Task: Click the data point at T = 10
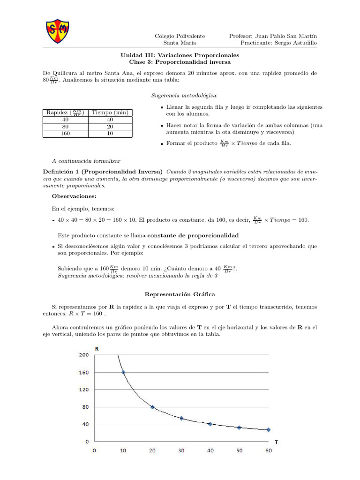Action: point(123,372)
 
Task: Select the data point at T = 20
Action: point(152,407)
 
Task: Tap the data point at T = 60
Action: point(268,429)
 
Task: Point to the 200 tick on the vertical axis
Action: point(83,355)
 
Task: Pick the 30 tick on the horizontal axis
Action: point(181,450)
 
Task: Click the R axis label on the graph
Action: point(97,349)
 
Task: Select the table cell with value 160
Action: point(65,134)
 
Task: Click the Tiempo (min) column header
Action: point(110,112)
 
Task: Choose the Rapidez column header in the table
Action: point(65,112)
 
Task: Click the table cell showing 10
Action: point(110,134)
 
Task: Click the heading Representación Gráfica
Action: point(180,294)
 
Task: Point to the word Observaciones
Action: point(75,196)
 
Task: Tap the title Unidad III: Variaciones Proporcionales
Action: point(180,55)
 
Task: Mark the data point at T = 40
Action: point(210,424)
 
